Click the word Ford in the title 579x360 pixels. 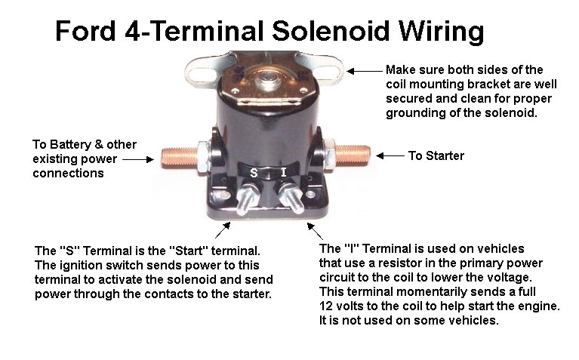(85, 31)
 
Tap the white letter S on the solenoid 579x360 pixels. (254, 173)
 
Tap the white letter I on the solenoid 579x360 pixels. (283, 172)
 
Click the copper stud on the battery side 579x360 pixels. (180, 158)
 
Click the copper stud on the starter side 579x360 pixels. (353, 155)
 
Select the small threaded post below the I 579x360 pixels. (291, 198)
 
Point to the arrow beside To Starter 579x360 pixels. (390, 155)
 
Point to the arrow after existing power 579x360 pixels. (137, 159)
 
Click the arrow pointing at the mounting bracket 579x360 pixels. (364, 71)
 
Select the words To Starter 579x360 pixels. (436, 155)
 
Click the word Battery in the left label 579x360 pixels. (69, 144)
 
